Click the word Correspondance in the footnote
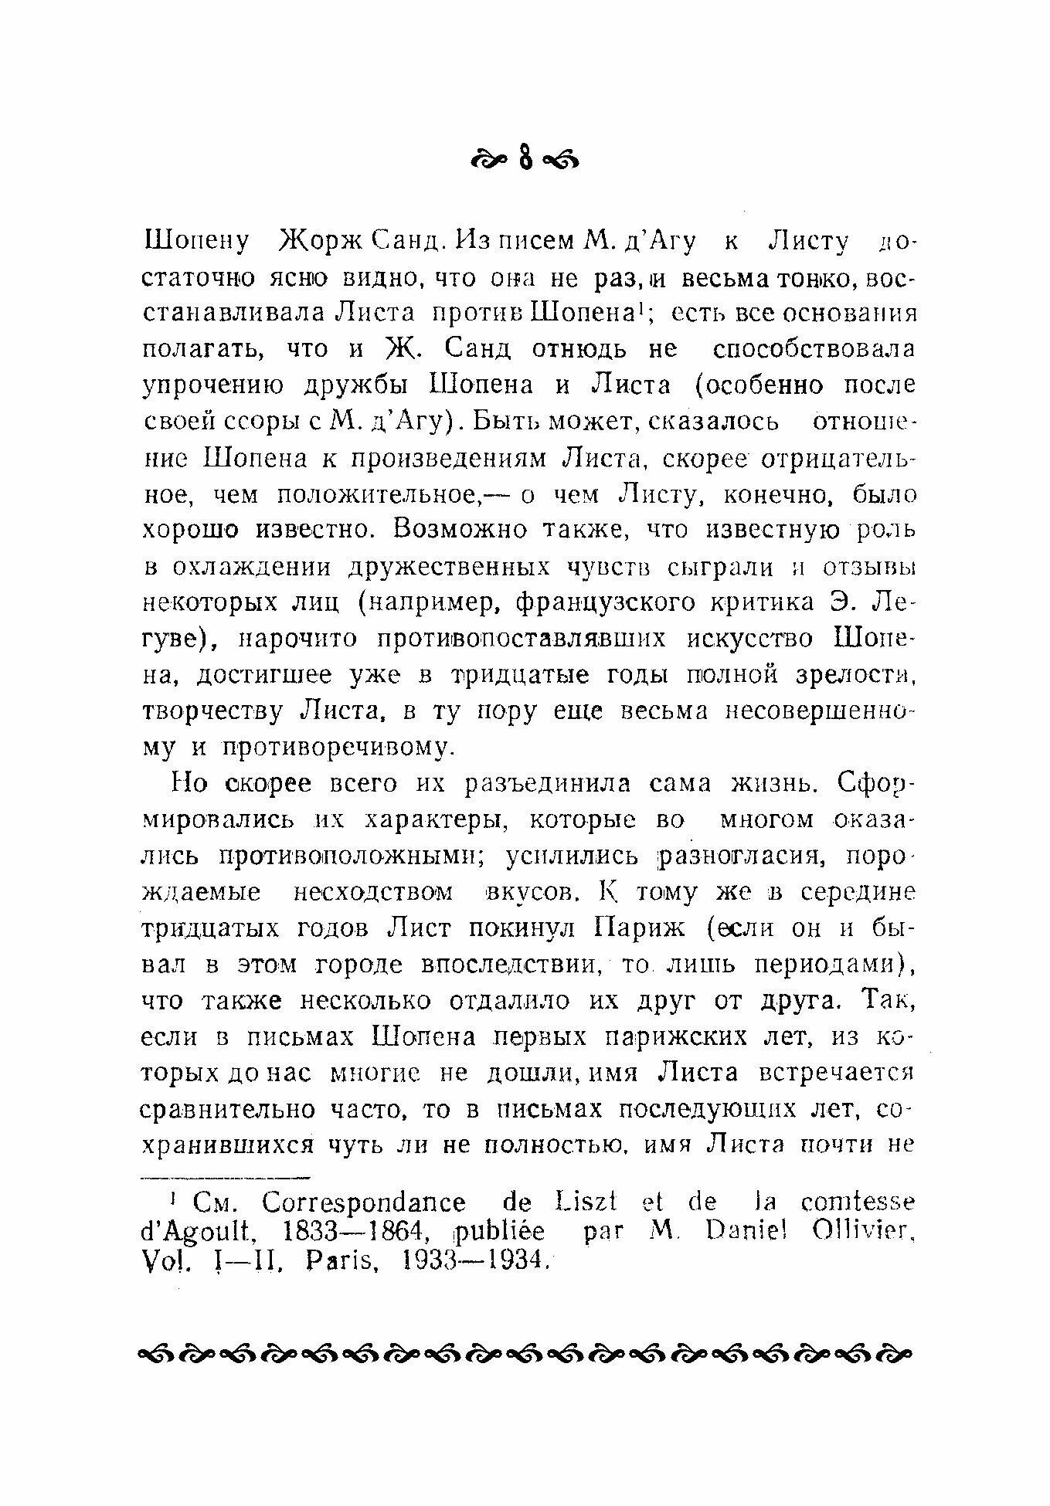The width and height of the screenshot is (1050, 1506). (x=364, y=1203)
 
